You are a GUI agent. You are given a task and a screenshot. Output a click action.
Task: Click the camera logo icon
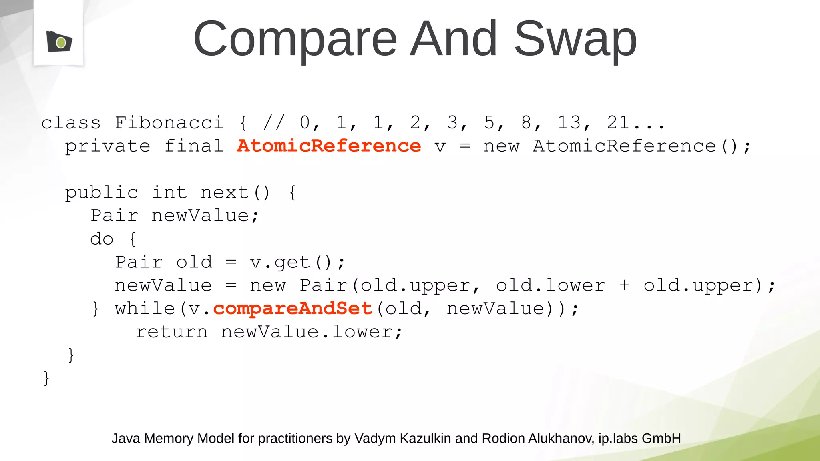point(59,41)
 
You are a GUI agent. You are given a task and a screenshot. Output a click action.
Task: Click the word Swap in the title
point(575,39)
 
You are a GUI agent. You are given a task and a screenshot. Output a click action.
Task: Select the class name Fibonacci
point(169,123)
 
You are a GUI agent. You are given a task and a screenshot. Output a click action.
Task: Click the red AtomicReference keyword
point(329,146)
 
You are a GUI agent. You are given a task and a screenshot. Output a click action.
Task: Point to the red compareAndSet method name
point(293,309)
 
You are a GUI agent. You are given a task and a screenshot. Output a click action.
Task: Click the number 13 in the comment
point(569,123)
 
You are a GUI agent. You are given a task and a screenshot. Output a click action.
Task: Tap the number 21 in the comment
point(618,123)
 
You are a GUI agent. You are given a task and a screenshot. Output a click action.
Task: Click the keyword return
point(172,332)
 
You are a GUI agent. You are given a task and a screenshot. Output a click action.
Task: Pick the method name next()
point(235,193)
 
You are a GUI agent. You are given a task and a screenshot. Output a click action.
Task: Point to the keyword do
point(102,239)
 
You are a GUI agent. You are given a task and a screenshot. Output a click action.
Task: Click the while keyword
point(145,309)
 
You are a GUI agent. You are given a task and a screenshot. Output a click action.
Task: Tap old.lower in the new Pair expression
point(551,286)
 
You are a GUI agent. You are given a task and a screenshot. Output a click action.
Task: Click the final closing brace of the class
point(46,378)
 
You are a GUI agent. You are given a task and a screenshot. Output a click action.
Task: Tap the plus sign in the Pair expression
point(624,286)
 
